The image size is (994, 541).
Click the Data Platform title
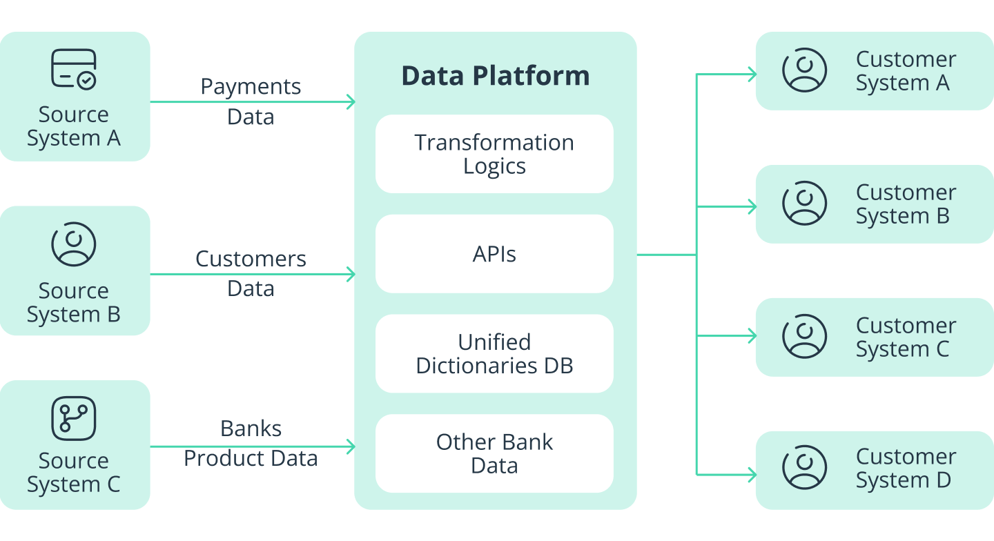[495, 76]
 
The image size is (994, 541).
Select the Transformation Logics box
[494, 154]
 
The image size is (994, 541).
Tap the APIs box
[494, 254]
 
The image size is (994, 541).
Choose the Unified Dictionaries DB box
[494, 353]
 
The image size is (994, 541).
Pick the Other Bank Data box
[494, 453]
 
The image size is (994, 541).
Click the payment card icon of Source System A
[74, 69]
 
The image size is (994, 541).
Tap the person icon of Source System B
[74, 244]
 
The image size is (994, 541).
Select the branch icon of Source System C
[74, 418]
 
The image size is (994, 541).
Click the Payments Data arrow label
[251, 101]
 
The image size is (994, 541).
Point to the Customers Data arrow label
[251, 273]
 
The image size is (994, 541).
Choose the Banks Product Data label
[251, 443]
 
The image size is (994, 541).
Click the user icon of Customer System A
[804, 70]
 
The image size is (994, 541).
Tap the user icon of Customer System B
[804, 204]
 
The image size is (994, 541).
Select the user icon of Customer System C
[804, 337]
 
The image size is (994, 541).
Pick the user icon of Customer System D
[804, 468]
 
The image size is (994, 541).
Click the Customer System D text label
[905, 468]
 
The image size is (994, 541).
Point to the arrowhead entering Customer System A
[752, 75]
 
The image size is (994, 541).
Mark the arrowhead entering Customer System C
[752, 336]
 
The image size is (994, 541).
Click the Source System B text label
[74, 302]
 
